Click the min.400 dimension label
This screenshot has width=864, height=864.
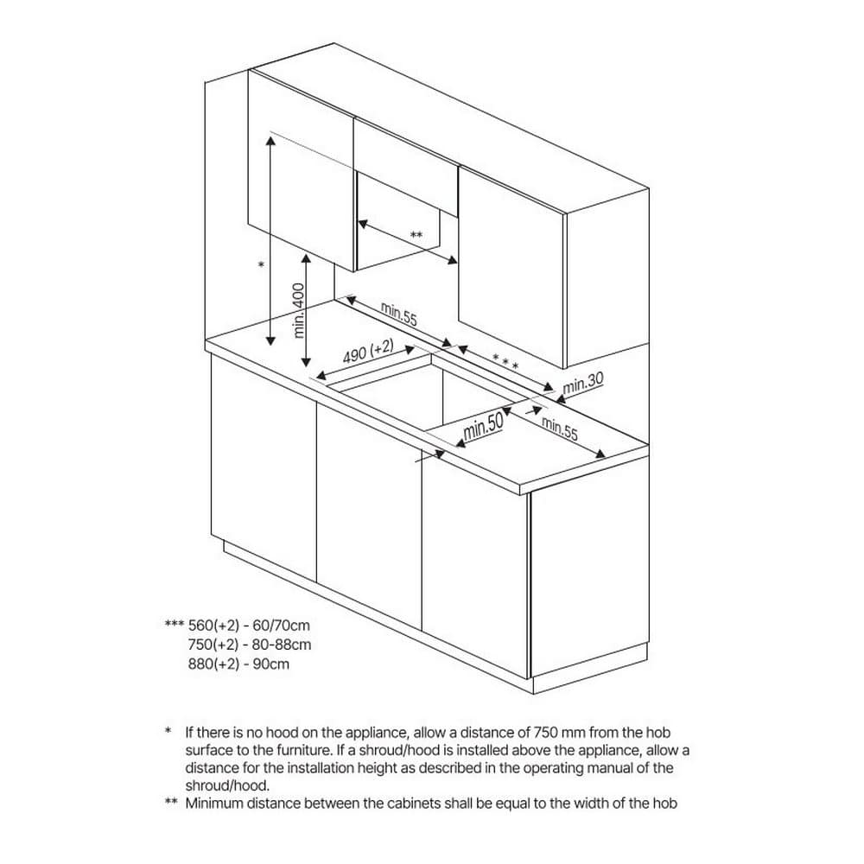pyautogui.click(x=298, y=310)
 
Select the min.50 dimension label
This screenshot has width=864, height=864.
pyautogui.click(x=483, y=426)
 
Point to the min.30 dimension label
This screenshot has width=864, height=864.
pyautogui.click(x=583, y=383)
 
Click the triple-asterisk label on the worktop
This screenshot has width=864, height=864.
pyautogui.click(x=505, y=362)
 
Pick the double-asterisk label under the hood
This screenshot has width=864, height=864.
pyautogui.click(x=416, y=235)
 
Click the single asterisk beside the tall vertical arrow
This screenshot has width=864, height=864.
pyautogui.click(x=261, y=265)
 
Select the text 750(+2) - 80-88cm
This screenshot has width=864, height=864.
pyautogui.click(x=250, y=645)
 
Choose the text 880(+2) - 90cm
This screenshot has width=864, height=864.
pyautogui.click(x=238, y=664)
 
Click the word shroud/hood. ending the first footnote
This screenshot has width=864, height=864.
pyautogui.click(x=227, y=785)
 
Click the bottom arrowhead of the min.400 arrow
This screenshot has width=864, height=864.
pyautogui.click(x=307, y=361)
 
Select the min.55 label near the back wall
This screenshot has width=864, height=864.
pyautogui.click(x=399, y=314)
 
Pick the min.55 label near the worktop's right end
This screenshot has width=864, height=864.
pyautogui.click(x=560, y=429)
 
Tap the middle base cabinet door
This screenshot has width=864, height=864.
pyautogui.click(x=369, y=514)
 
